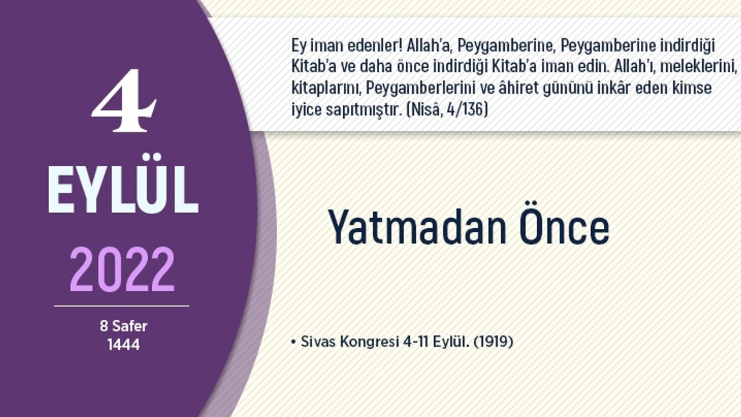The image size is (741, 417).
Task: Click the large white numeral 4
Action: coord(124,101)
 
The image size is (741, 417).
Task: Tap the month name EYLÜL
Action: coord(123,184)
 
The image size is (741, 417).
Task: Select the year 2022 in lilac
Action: coord(122,269)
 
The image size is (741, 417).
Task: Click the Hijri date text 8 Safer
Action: coord(123,326)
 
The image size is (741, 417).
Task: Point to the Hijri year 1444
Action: coord(123,345)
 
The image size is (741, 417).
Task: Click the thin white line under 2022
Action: coord(122,306)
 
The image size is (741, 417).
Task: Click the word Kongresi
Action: coord(369,342)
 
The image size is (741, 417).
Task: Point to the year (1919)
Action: coord(494,342)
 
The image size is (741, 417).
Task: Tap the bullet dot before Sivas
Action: coord(293,342)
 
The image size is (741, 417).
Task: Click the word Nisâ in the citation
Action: coord(425,109)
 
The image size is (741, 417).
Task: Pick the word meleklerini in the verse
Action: coord(699,67)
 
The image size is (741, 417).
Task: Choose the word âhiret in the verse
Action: coord(519,89)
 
